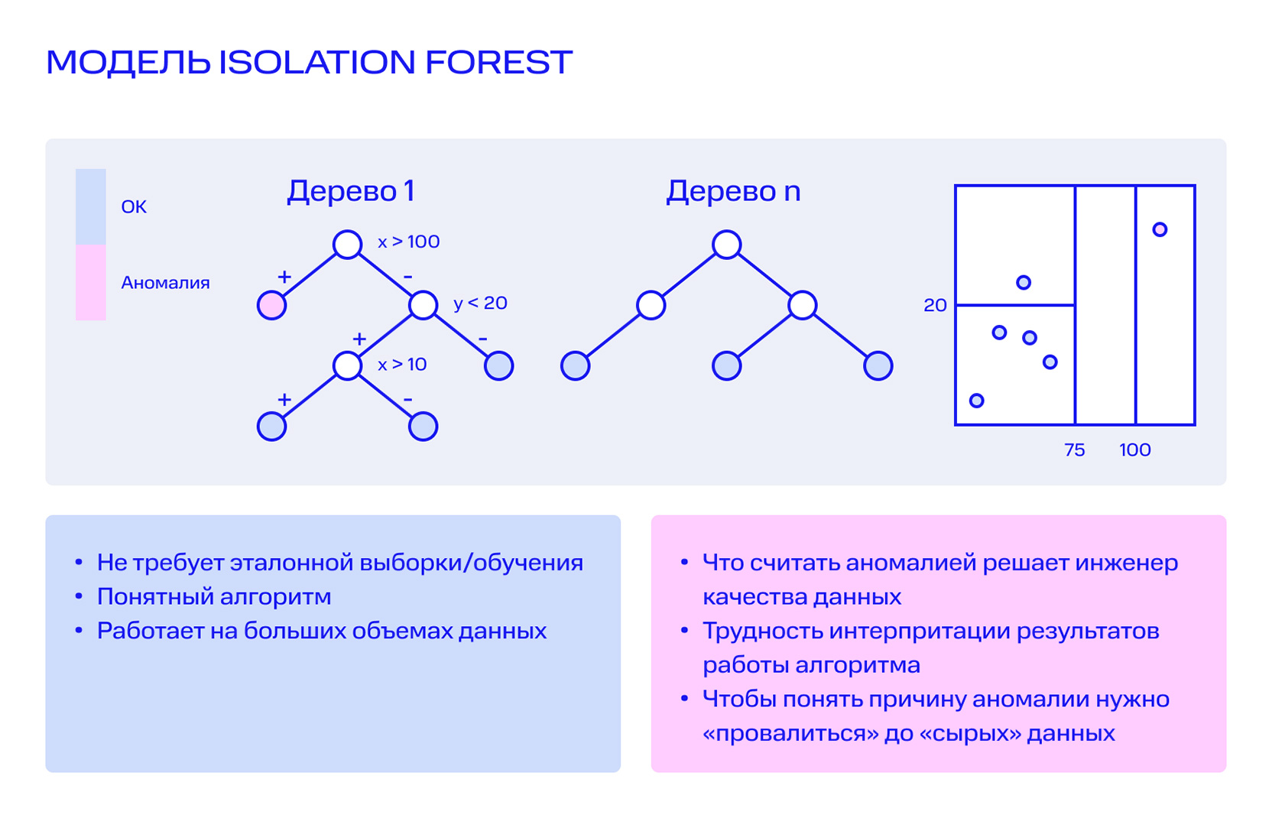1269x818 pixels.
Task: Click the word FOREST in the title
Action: (498, 62)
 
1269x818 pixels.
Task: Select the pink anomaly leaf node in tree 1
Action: (271, 305)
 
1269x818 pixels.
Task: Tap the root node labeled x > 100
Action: (347, 244)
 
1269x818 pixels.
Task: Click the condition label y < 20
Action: (480, 304)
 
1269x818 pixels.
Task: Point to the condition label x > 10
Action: (402, 364)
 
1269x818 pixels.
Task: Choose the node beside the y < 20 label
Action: (424, 305)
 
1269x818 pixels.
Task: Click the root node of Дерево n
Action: (727, 244)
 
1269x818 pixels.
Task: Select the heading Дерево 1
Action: (351, 191)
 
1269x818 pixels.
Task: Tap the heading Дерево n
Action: (733, 191)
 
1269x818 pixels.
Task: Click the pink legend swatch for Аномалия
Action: (91, 282)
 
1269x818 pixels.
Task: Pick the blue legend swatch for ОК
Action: (91, 206)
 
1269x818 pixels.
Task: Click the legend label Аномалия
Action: (165, 283)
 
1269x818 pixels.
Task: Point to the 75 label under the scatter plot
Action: (1075, 450)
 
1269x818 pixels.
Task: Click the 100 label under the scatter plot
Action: (1135, 450)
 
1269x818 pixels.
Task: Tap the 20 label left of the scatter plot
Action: (936, 305)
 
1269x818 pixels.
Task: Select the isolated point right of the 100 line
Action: (1160, 229)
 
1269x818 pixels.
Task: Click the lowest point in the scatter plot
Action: (977, 401)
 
